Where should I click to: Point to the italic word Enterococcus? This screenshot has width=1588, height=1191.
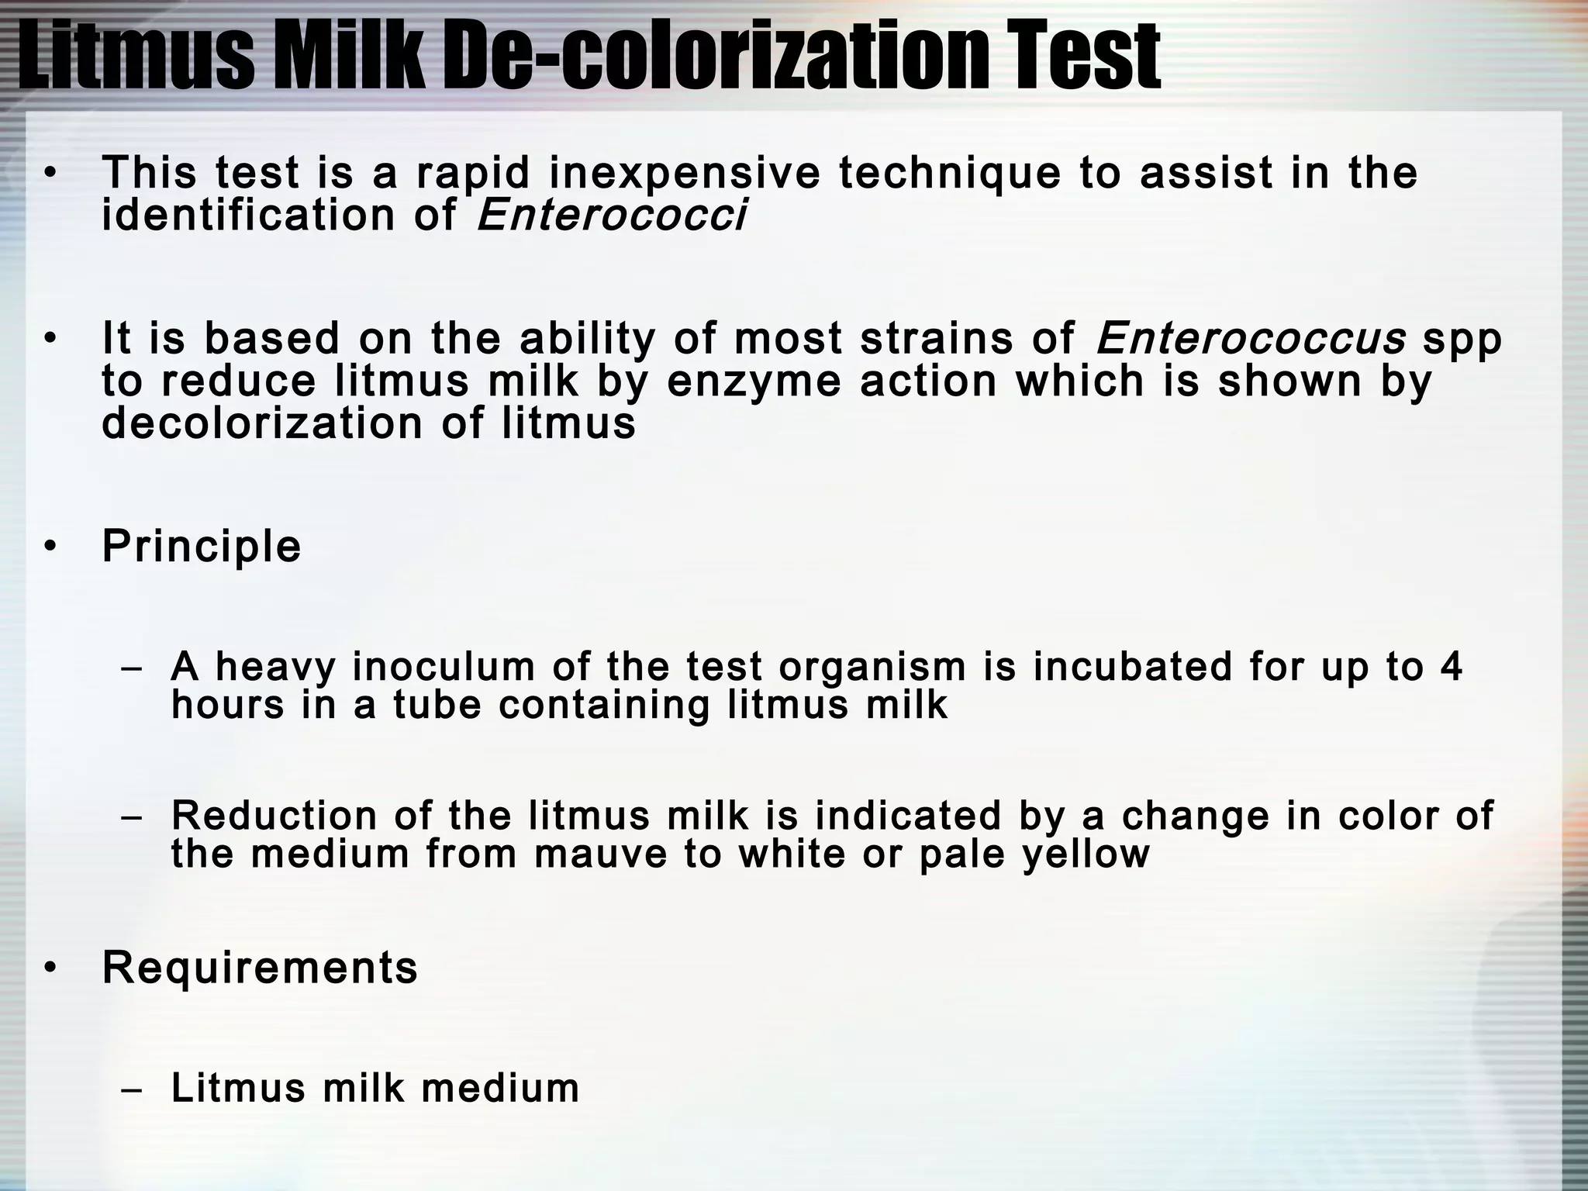click(1251, 339)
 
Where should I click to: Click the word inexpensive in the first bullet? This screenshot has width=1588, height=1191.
click(685, 173)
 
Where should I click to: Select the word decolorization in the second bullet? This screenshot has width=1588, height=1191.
click(261, 423)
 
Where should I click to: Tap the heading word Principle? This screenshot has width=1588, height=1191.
click(202, 546)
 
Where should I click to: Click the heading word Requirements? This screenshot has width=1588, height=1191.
click(260, 968)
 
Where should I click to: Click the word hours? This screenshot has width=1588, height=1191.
click(227, 705)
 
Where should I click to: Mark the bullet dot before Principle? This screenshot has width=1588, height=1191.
click(51, 547)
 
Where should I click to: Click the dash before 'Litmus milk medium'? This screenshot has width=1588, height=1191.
click(132, 1089)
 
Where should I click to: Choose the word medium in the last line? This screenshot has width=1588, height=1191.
click(501, 1088)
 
